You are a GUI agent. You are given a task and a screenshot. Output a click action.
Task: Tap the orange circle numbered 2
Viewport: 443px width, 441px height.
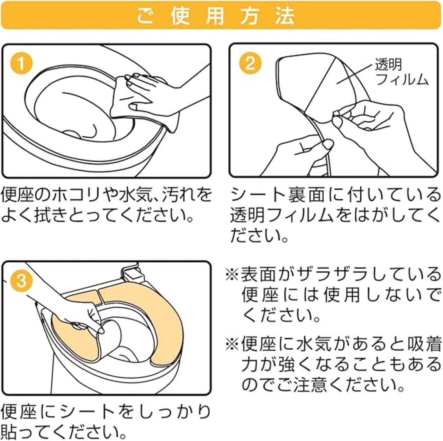click(250, 63)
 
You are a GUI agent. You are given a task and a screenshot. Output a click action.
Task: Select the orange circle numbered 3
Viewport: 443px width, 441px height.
click(21, 281)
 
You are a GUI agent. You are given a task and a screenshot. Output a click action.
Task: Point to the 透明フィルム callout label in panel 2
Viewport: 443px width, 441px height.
click(401, 71)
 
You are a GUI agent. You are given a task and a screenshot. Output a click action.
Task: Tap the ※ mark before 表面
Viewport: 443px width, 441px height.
click(232, 276)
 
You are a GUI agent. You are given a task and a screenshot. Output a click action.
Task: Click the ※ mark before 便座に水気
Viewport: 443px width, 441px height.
click(232, 344)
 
